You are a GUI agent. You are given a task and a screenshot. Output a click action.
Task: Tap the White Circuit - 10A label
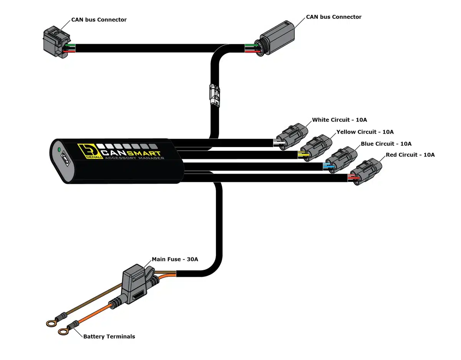click(x=339, y=120)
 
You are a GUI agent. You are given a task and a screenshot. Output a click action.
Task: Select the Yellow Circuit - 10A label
click(x=365, y=132)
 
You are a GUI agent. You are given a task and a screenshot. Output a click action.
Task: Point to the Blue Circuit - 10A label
click(x=386, y=144)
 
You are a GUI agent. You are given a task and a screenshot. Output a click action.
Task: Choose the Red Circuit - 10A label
click(x=410, y=155)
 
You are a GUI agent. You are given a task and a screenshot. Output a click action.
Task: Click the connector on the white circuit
click(x=292, y=137)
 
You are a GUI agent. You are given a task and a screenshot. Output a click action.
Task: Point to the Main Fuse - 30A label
click(x=175, y=259)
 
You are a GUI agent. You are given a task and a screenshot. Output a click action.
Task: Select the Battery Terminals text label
click(x=109, y=336)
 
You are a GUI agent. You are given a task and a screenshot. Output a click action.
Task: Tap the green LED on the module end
click(x=59, y=150)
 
